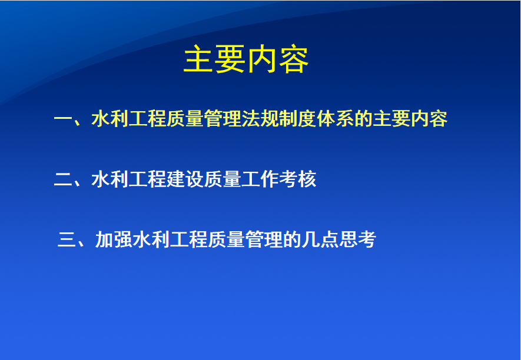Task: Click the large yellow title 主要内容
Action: click(x=246, y=59)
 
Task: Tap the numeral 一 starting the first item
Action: click(x=62, y=118)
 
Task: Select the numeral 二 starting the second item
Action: click(x=62, y=179)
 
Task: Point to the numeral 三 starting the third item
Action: click(x=67, y=239)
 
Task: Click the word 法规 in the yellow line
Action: click(x=260, y=119)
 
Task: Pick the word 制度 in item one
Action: click(x=297, y=119)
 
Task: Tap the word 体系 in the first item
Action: click(x=335, y=119)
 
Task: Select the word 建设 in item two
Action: click(x=185, y=179)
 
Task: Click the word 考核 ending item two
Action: click(x=297, y=179)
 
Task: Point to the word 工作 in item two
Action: click(x=260, y=179)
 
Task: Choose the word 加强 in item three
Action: click(x=114, y=239)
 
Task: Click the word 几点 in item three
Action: click(x=320, y=239)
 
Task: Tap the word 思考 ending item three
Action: click(x=357, y=239)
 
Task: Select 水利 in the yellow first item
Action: click(x=110, y=119)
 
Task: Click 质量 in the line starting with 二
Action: click(x=223, y=179)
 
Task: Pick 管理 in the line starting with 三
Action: click(x=264, y=239)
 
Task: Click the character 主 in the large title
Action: click(x=199, y=59)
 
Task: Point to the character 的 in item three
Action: click(x=292, y=239)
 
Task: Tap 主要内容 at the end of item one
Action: click(x=410, y=119)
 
